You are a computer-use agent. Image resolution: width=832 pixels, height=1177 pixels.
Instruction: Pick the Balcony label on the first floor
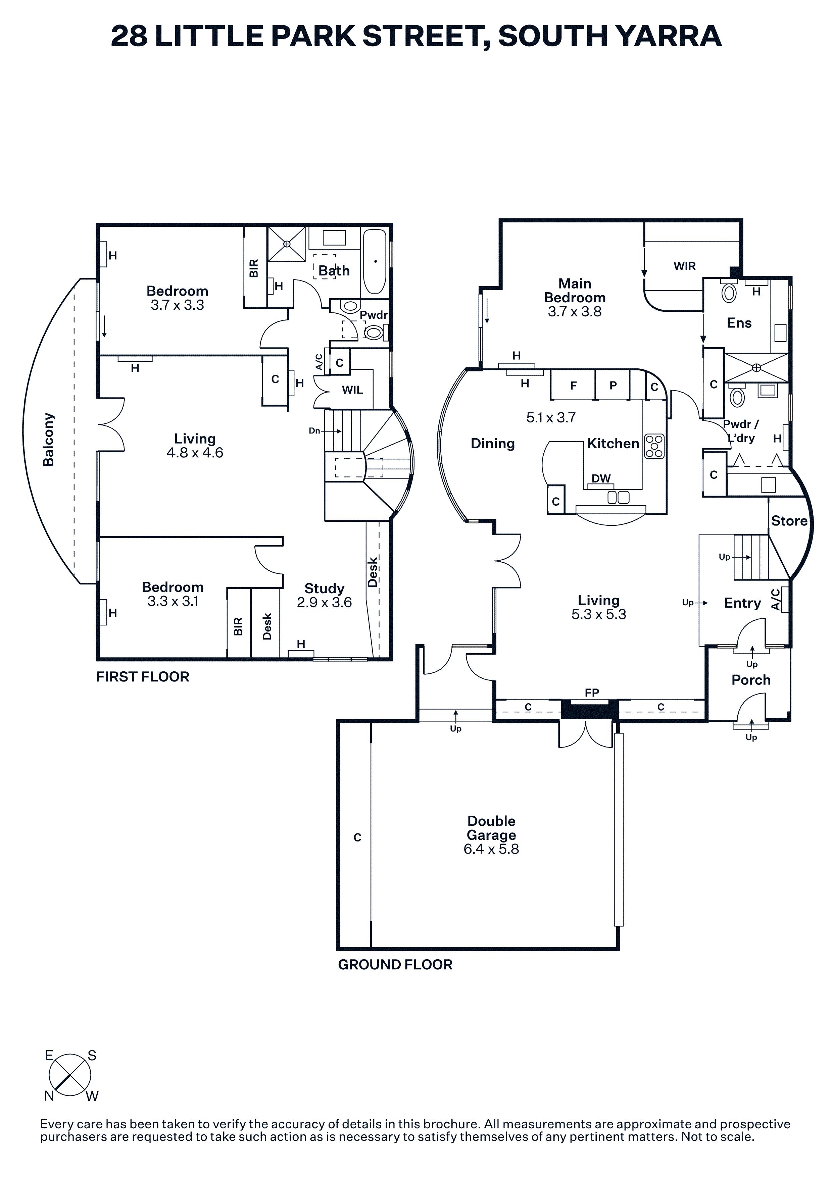click(48, 439)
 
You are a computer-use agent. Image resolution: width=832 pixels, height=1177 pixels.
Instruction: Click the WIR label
click(684, 266)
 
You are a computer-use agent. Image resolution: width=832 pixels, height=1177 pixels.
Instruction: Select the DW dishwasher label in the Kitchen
click(601, 478)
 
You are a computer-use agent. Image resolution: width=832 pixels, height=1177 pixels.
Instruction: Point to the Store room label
click(789, 521)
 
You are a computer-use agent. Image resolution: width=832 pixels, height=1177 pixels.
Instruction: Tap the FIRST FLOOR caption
click(143, 677)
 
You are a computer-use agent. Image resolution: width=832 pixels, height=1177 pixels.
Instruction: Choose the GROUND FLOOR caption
click(395, 964)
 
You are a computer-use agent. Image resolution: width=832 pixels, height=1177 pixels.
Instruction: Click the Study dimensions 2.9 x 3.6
click(324, 602)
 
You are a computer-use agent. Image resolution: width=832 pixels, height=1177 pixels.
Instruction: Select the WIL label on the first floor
click(352, 390)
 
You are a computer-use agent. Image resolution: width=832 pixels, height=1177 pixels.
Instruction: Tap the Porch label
click(751, 680)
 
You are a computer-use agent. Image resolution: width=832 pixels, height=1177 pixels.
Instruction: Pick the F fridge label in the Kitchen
click(574, 386)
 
